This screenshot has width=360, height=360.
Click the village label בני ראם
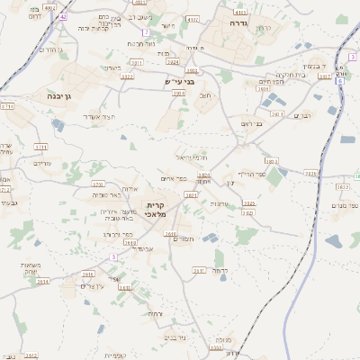tap(252, 124)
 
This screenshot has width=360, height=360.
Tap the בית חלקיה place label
tap(295, 76)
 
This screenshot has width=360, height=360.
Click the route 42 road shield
tap(63, 16)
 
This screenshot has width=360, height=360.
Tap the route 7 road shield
tap(145, 31)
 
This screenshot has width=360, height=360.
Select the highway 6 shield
tap(340, 81)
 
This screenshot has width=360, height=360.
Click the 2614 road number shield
tap(43, 281)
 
